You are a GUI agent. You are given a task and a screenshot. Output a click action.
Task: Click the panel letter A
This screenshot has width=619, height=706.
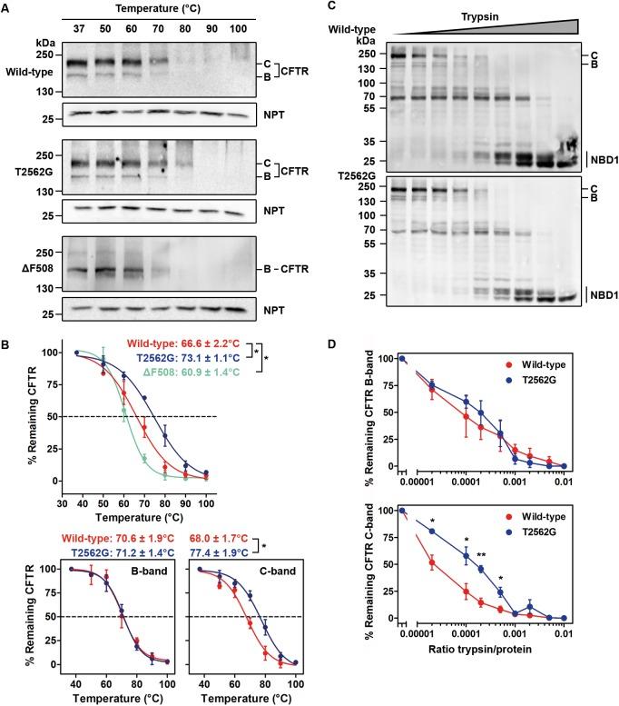pos(7,8)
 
